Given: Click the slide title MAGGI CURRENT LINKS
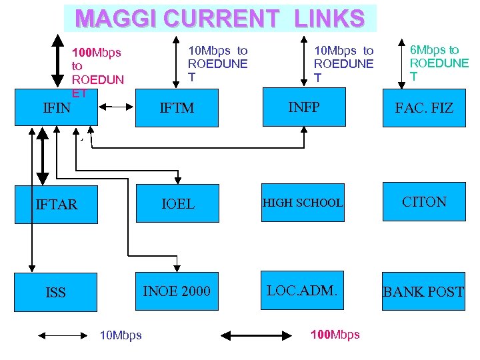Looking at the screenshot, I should [x=220, y=18].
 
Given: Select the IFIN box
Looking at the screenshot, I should [x=57, y=107].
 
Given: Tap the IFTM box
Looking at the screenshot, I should [x=177, y=107].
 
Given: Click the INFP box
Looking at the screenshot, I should [x=303, y=107].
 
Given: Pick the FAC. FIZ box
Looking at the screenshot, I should [x=423, y=107].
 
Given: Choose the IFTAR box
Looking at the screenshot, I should [x=57, y=204].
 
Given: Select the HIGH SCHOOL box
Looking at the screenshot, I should [x=303, y=203].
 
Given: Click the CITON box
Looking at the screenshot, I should [x=424, y=202].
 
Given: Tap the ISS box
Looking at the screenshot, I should [x=56, y=292].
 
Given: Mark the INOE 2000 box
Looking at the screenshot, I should [x=177, y=291].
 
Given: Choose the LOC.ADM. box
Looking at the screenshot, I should [x=303, y=290].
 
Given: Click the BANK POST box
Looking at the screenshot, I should [x=423, y=291].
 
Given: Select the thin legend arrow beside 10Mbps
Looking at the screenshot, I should [x=62, y=335].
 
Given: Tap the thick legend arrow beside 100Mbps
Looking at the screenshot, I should [x=257, y=335].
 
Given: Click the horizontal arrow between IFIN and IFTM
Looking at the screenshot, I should [x=117, y=107].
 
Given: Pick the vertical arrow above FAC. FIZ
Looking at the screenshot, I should [x=401, y=59].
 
